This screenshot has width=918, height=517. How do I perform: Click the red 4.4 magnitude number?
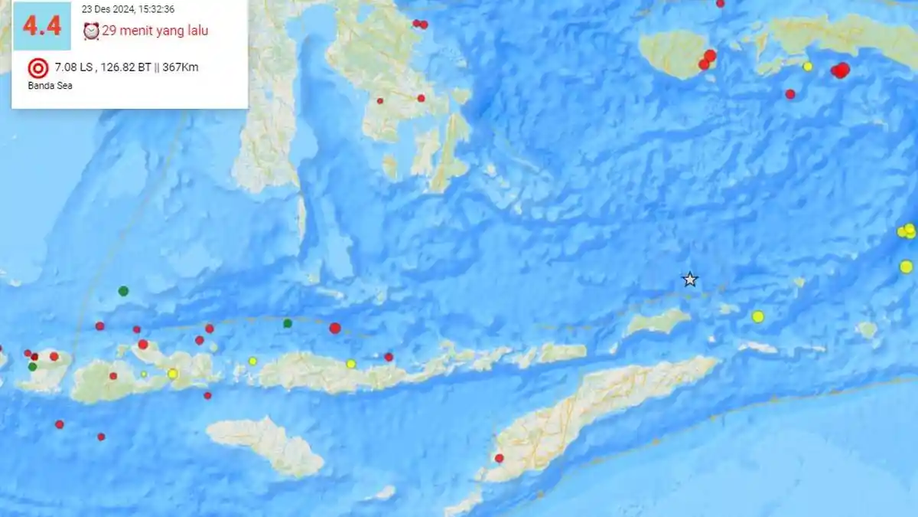(41, 26)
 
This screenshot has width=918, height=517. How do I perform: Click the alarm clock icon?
(91, 31)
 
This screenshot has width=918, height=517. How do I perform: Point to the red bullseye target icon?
(37, 68)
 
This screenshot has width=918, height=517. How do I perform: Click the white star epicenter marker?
(690, 280)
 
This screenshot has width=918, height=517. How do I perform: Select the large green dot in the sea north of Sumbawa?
(123, 291)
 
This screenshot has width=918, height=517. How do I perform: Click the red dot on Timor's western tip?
(499, 458)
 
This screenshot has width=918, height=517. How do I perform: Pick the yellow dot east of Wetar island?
(757, 316)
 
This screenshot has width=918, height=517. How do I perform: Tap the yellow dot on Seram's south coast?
(807, 67)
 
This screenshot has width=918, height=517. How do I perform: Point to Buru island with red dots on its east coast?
(673, 54)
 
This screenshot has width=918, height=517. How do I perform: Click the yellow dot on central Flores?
(350, 364)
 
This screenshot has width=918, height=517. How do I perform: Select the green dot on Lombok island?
(32, 367)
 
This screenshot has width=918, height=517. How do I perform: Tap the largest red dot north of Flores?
(335, 328)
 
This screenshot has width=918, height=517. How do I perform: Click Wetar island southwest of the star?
(658, 322)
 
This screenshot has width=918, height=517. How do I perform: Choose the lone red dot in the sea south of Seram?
(790, 94)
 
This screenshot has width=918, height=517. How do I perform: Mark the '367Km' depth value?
(181, 67)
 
